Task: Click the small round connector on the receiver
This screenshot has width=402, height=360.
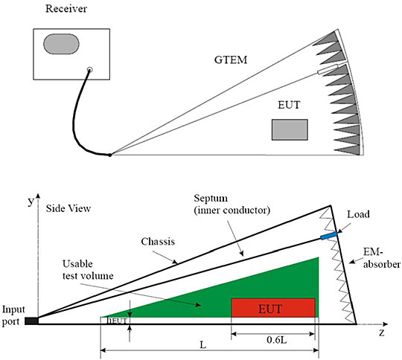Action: point(89,71)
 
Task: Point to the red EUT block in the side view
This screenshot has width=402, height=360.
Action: point(273,306)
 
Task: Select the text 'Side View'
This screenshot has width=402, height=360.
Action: point(68,209)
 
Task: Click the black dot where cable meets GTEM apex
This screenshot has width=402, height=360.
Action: point(110,155)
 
